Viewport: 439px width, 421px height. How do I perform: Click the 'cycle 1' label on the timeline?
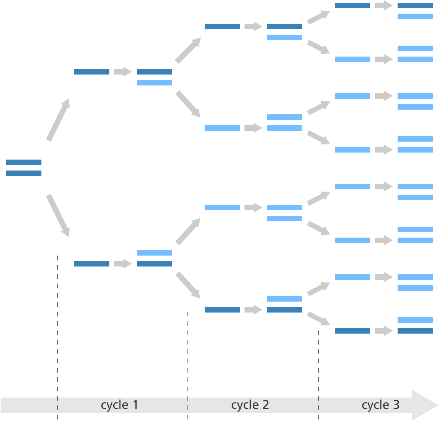(120, 405)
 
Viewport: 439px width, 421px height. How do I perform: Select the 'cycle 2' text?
(250, 405)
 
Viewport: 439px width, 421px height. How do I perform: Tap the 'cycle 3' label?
(380, 405)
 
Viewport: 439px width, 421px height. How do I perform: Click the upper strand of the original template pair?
(24, 162)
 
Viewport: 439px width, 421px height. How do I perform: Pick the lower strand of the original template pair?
(24, 173)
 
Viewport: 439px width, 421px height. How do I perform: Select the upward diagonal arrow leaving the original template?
(58, 120)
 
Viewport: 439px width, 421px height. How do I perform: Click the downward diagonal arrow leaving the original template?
(58, 215)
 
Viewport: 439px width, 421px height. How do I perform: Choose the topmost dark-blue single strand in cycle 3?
(353, 5)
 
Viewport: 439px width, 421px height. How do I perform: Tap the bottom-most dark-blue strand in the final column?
(415, 331)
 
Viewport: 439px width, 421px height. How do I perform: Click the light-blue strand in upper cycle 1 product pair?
(154, 83)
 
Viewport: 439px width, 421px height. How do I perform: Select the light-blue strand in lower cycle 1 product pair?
(154, 253)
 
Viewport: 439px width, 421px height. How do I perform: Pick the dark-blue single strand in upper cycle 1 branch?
(92, 72)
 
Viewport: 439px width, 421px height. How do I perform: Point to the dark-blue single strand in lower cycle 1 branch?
(92, 264)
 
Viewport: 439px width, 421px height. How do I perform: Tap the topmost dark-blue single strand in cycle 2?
(222, 27)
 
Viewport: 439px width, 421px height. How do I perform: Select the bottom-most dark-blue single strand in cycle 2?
(222, 310)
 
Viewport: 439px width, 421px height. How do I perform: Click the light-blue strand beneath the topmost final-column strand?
(415, 16)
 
